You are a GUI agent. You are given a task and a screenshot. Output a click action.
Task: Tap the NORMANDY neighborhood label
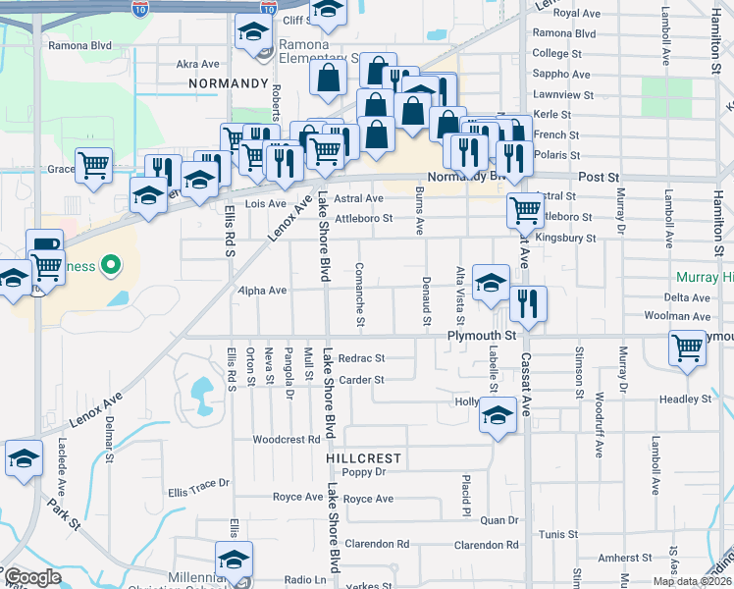229,84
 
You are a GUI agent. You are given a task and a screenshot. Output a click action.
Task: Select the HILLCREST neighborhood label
364,458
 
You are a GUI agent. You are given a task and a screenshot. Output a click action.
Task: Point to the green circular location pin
111,264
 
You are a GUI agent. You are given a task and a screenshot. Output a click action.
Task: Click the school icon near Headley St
498,414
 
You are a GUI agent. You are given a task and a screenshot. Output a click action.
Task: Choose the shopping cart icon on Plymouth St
687,348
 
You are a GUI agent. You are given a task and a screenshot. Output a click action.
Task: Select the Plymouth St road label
481,336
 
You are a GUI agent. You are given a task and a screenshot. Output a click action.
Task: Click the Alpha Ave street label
263,291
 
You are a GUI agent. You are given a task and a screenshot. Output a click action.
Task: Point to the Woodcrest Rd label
287,439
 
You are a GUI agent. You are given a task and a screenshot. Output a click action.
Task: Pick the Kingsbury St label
569,239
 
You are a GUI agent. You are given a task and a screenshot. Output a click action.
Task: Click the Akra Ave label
197,64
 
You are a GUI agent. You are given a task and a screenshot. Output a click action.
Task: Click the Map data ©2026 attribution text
692,581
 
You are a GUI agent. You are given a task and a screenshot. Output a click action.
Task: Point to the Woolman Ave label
677,316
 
